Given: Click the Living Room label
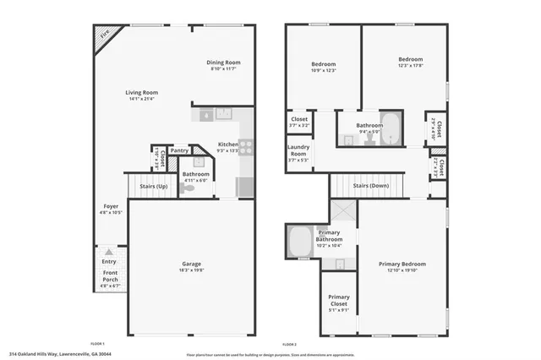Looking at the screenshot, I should pyautogui.click(x=142, y=93).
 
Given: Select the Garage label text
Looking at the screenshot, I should pyautogui.click(x=191, y=265).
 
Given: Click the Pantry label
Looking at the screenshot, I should pyautogui.click(x=179, y=150).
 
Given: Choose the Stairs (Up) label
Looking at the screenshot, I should pyautogui.click(x=151, y=186).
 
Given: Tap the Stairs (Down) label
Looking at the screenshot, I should pyautogui.click(x=371, y=185).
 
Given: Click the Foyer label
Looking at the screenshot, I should pyautogui.click(x=111, y=205).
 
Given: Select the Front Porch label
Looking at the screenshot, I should pyautogui.click(x=111, y=276).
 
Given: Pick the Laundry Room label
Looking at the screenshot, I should pyautogui.click(x=298, y=150).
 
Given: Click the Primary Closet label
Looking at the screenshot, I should pyautogui.click(x=339, y=297).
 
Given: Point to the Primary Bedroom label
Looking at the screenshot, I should pyautogui.click(x=402, y=265).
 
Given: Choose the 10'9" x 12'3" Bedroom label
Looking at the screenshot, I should pyautogui.click(x=323, y=64).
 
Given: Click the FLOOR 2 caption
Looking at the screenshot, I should pyautogui.click(x=289, y=344).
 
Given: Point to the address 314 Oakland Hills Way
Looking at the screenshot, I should pyautogui.click(x=60, y=354).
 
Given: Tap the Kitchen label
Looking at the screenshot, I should pyautogui.click(x=228, y=145).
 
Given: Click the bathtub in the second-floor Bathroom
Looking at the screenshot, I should pyautogui.click(x=391, y=123).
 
